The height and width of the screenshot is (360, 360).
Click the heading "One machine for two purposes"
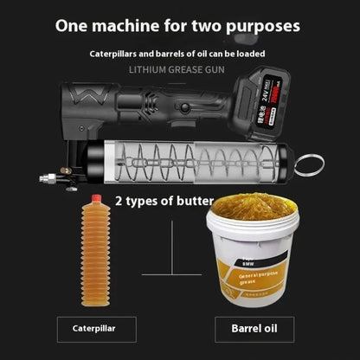click(x=178, y=25)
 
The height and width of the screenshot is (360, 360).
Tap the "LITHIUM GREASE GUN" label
click(x=180, y=69)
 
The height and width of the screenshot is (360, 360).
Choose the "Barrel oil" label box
click(x=258, y=329)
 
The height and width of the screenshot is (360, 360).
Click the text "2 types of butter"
click(x=164, y=201)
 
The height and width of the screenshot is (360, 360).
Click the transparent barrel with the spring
click(x=199, y=160)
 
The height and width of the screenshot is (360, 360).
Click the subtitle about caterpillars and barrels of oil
click(x=178, y=54)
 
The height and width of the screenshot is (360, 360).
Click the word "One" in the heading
click(x=73, y=25)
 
